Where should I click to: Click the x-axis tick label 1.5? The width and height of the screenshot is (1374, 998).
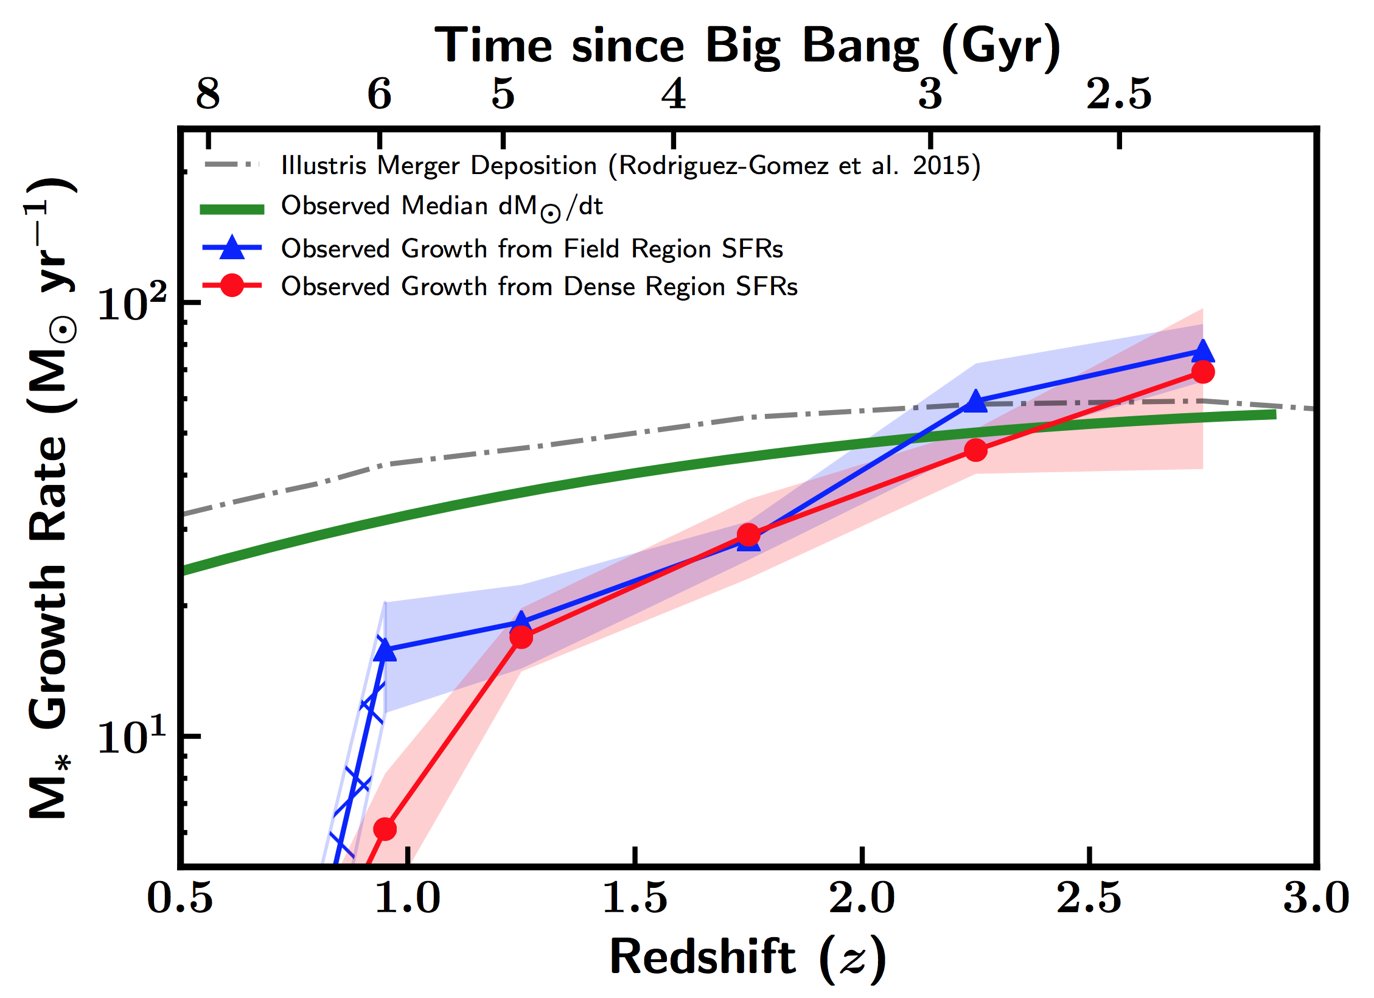point(635,898)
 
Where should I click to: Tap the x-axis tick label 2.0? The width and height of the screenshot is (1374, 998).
point(862,898)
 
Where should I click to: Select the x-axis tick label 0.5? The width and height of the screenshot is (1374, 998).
point(180,898)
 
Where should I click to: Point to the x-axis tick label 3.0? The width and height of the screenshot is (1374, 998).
point(1316,898)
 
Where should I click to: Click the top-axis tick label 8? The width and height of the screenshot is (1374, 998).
point(208,94)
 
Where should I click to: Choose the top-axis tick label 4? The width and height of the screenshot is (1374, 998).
point(674,94)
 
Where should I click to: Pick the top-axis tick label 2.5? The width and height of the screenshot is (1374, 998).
point(1119,94)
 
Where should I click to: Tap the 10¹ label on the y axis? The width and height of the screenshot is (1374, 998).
point(131,736)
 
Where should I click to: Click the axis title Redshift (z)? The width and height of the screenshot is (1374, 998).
point(747,958)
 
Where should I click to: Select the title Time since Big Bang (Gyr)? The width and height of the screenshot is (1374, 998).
point(747,46)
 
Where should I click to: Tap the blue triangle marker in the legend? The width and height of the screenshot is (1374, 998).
point(232,247)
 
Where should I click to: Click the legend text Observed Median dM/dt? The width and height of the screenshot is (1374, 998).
point(442,207)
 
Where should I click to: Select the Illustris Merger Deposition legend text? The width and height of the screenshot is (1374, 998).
point(630,166)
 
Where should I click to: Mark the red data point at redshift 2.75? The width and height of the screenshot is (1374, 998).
point(1202,372)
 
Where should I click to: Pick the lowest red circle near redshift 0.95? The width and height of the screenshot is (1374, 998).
point(385,829)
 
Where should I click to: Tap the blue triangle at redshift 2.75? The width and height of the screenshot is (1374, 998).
point(1202,351)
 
